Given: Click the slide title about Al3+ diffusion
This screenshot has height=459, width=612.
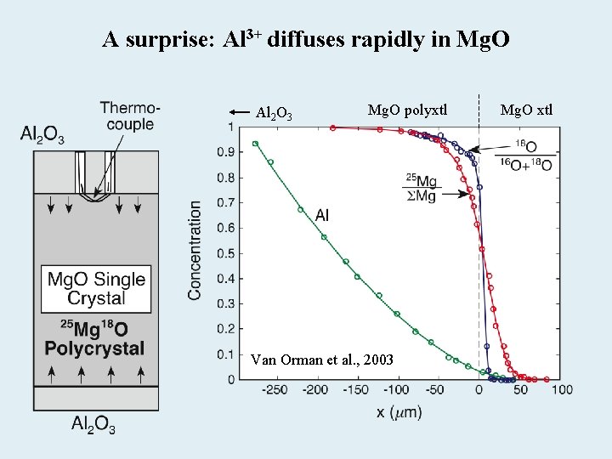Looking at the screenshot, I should point(306,39).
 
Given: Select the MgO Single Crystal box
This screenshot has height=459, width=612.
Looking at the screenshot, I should point(95,288).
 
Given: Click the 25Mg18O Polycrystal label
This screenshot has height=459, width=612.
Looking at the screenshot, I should point(94,337).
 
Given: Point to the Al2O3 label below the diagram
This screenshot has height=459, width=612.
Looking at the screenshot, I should point(93,424).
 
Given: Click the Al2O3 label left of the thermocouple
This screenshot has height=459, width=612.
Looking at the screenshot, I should point(42,134).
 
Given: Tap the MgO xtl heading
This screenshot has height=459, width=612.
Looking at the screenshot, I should point(526,109).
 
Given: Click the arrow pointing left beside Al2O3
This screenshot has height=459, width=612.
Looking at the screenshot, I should point(239,111).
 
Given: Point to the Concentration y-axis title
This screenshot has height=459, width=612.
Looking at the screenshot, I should point(195,250).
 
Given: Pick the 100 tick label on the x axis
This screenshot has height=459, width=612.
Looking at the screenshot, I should point(561,390).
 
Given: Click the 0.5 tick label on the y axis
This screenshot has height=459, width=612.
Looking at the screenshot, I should point(224,253).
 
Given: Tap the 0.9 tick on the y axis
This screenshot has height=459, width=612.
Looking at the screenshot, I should point(224,153).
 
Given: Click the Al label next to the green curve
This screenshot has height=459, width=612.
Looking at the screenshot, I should point(322,216).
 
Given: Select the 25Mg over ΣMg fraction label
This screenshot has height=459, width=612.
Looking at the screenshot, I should point(422,188).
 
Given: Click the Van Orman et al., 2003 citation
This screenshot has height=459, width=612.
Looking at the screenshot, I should point(322,360).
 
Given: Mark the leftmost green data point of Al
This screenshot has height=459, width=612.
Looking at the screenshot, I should point(255,144).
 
